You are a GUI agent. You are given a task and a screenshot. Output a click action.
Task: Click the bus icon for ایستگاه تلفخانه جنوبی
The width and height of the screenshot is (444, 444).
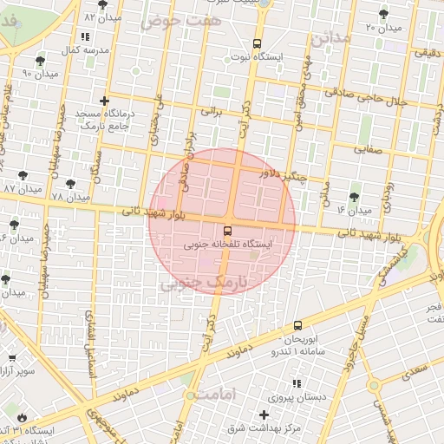[x=227, y=232]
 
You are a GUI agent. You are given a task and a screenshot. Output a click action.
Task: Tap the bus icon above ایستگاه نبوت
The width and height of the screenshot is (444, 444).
[x=256, y=43]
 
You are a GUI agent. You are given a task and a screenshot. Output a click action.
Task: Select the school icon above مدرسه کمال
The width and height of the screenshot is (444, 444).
[x=84, y=36]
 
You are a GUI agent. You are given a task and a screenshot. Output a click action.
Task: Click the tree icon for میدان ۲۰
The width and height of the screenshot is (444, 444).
[x=384, y=14]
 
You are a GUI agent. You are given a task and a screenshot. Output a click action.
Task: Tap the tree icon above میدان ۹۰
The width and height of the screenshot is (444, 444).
[x=40, y=60]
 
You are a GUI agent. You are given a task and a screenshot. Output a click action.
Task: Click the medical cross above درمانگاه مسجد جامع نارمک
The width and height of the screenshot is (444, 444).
[x=105, y=101]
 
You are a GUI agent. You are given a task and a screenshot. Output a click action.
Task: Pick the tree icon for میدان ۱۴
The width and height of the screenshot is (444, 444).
[x=354, y=198]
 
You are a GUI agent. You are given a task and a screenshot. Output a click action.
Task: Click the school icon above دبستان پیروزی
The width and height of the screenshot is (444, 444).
[x=296, y=382]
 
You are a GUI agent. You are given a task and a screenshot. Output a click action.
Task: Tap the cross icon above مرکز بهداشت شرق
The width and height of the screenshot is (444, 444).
[x=264, y=415]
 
